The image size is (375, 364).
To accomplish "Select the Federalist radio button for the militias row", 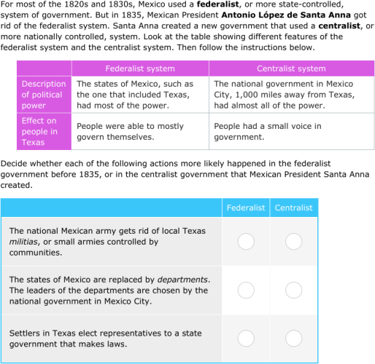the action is (x=246, y=241).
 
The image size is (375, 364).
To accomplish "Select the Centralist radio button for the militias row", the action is (x=293, y=241).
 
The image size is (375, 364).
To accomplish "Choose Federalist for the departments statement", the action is (x=246, y=290).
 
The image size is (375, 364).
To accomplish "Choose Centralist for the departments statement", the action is (x=293, y=290).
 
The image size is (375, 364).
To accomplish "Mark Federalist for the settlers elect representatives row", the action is (x=246, y=339).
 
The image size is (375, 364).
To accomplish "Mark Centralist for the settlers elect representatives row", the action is (x=293, y=339).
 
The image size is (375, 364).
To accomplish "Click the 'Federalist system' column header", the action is (x=140, y=68).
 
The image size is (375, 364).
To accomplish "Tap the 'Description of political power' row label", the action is (x=43, y=95).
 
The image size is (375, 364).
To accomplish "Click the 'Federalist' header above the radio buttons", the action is (x=246, y=207).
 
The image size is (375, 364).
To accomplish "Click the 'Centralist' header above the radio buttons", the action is (x=293, y=207).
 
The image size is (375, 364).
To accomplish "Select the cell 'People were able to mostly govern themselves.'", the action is (x=130, y=131).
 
